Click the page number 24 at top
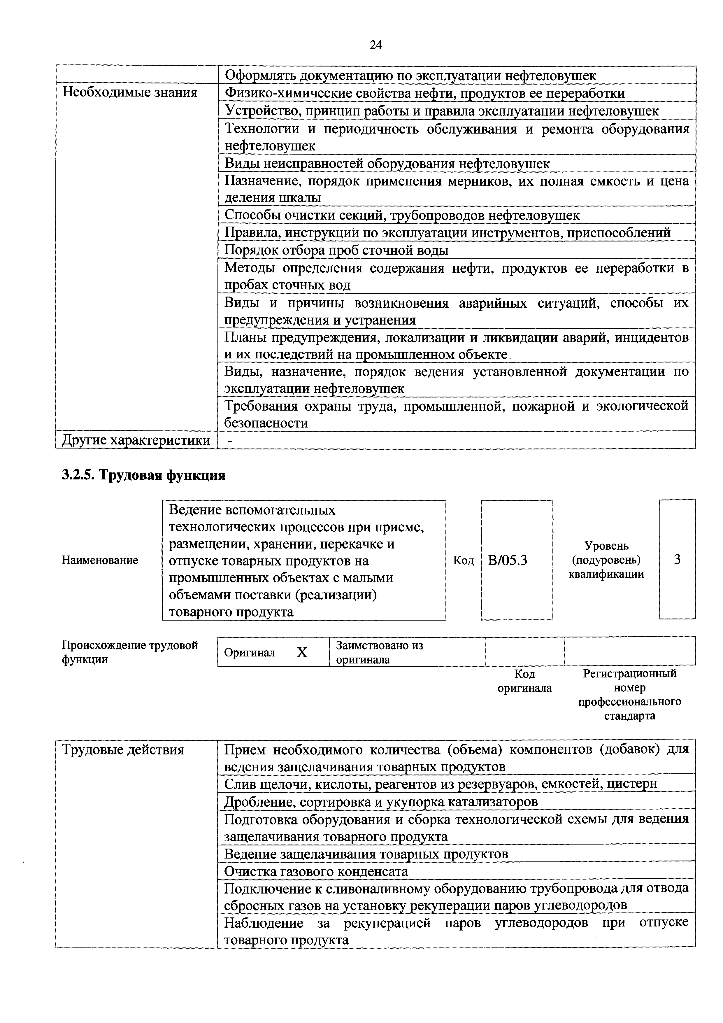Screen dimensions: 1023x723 pos(375,45)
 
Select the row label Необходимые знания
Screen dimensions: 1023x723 pos(130,93)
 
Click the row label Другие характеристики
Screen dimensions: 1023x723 pos(136,440)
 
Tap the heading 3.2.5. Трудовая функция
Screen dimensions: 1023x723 pos(143,475)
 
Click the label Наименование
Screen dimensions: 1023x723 pos(100,560)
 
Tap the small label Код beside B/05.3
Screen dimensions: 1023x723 pos(463,560)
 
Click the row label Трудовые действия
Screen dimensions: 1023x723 pos(123,750)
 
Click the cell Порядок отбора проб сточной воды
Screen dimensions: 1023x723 pos(336,251)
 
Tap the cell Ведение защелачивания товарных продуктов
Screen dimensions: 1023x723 pos(366,854)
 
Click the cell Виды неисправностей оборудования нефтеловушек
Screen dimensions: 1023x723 pos(387,164)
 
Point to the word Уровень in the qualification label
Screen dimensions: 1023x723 pos(606,546)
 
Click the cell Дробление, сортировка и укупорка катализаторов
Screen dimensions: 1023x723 pos(381,802)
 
